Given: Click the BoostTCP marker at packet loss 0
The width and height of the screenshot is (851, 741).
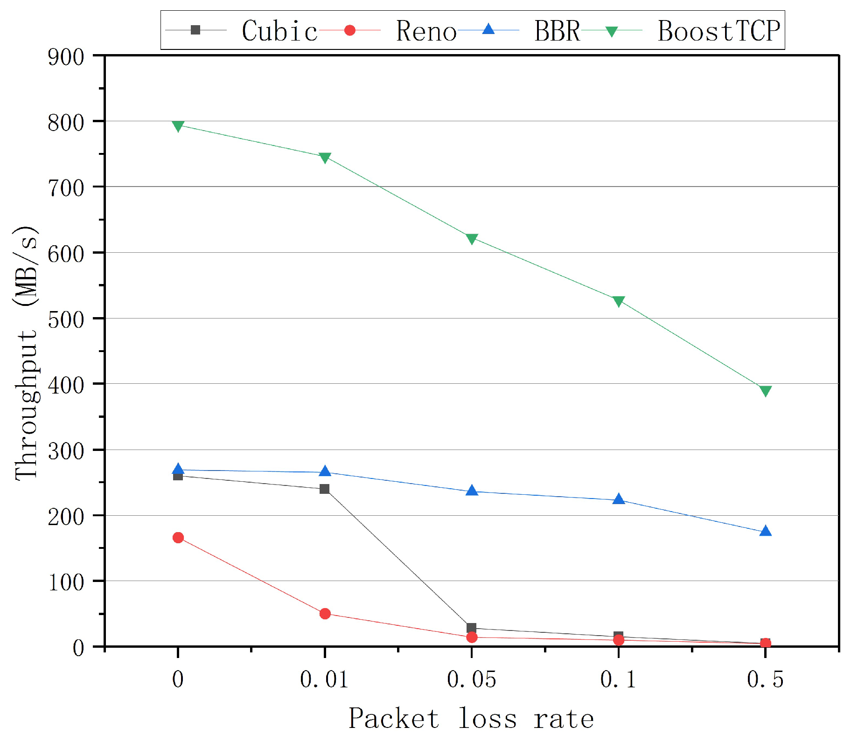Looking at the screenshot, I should click(x=178, y=126).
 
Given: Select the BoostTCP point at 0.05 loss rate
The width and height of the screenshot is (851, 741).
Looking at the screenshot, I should click(x=472, y=239).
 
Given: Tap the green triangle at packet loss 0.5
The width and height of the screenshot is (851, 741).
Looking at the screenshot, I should click(x=765, y=391).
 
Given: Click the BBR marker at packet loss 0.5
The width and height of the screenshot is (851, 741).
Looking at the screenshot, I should click(x=765, y=531).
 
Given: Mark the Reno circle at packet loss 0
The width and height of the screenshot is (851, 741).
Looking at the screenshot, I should click(x=178, y=538).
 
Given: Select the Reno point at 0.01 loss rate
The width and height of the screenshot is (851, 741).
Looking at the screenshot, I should click(x=325, y=614).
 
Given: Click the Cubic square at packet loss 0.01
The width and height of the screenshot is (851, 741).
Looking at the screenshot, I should click(x=325, y=489).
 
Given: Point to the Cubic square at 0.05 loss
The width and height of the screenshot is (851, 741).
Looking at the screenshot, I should click(x=471, y=628).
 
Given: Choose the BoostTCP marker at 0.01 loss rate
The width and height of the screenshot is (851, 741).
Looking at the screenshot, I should click(x=325, y=158).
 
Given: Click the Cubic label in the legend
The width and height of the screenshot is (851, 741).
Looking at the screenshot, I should click(x=279, y=31).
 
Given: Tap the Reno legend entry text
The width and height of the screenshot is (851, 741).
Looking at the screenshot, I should click(x=426, y=31).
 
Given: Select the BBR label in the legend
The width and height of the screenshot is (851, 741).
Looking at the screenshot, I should click(x=557, y=31).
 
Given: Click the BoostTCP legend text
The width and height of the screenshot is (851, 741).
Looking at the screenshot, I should click(x=718, y=31).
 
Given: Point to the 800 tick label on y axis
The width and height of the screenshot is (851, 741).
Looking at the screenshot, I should click(x=66, y=123).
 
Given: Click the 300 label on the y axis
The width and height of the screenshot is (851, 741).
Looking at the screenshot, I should click(x=66, y=451).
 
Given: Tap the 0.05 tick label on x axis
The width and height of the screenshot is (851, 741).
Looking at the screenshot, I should click(x=471, y=679).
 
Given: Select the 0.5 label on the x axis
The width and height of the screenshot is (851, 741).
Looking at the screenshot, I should click(x=765, y=679).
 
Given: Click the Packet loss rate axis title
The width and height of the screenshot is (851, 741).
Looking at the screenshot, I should click(x=471, y=719).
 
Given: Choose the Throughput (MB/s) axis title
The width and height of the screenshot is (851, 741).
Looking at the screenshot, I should click(x=26, y=353).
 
